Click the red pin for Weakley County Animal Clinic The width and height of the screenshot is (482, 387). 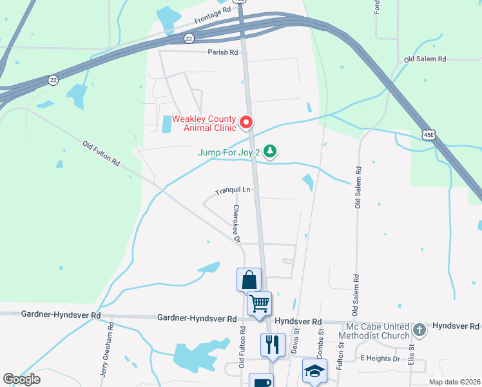pos(246,121)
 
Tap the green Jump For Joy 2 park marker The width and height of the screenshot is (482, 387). pos(271,152)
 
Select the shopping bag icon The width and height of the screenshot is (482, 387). pos(249,280)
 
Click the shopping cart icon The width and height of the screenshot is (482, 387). pos(259,303)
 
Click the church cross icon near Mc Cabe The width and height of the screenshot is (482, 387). pos(419,330)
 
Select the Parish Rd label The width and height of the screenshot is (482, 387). pos(223,52)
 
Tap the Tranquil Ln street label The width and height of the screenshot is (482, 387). pos(232,190)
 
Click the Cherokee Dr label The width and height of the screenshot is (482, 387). pos(236,224)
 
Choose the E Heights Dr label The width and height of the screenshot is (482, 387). pos(380,358)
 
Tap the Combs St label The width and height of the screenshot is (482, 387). pos(320,342)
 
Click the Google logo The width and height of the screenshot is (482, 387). pos(21,379)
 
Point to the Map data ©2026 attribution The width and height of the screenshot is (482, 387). pos(454,382)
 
